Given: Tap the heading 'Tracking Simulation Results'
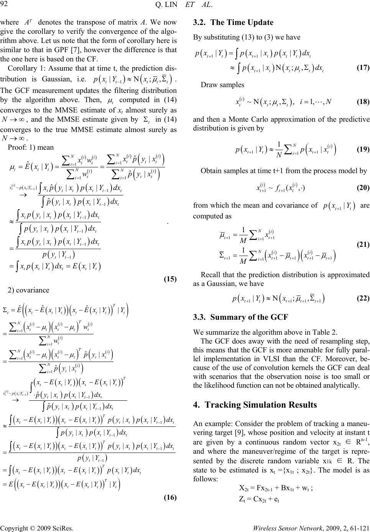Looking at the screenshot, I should (261, 405).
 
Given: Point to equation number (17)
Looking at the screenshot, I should (363, 68).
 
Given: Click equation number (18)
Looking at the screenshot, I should (363, 102).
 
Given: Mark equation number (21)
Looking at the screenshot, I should (363, 244).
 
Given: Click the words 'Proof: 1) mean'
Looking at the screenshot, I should (30, 147).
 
